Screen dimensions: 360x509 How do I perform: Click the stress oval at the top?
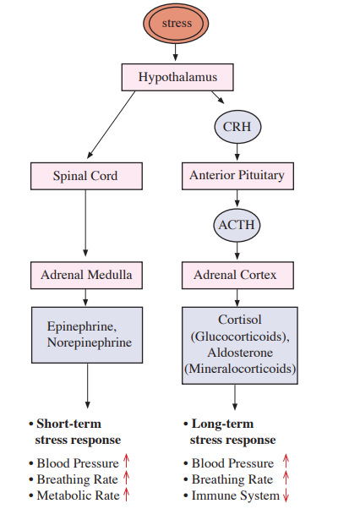[176, 24]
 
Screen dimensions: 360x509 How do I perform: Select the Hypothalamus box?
[177, 77]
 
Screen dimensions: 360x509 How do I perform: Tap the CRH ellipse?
[237, 127]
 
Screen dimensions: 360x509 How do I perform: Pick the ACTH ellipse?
[237, 225]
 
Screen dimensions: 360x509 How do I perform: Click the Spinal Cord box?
[86, 176]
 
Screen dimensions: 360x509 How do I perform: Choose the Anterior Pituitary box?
[237, 176]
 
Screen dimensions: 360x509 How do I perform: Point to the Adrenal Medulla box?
[86, 276]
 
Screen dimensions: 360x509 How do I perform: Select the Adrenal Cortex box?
[237, 276]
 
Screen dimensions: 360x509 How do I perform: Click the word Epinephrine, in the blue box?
[82, 326]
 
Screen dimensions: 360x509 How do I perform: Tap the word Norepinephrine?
[90, 342]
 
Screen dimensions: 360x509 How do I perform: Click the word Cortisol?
[240, 320]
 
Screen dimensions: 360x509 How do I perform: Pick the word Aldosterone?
[240, 353]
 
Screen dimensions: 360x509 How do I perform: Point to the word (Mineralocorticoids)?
[240, 369]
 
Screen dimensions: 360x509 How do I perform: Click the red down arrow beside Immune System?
[286, 495]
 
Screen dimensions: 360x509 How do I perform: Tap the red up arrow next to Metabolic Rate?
[126, 495]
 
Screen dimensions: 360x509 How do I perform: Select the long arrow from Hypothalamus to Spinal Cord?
[112, 124]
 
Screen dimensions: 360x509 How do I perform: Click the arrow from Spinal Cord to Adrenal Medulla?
[85, 223]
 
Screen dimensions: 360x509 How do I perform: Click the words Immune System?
[236, 495]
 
